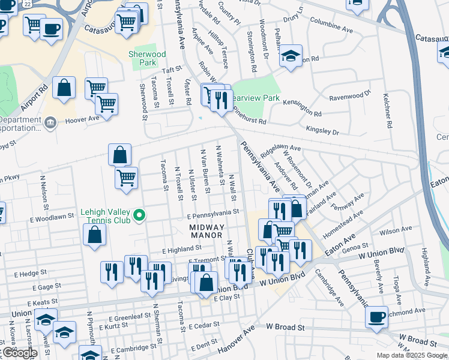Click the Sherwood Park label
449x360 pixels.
(147, 58)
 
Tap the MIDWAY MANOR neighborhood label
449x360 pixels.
(206, 232)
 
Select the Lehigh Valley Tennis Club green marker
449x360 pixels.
(140, 214)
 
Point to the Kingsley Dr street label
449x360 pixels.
(322, 130)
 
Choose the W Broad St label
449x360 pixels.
(287, 328)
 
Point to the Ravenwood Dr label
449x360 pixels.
(351, 96)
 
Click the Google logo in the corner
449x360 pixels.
(20, 353)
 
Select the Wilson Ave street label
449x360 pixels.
(395, 229)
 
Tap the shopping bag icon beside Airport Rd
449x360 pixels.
(64, 88)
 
